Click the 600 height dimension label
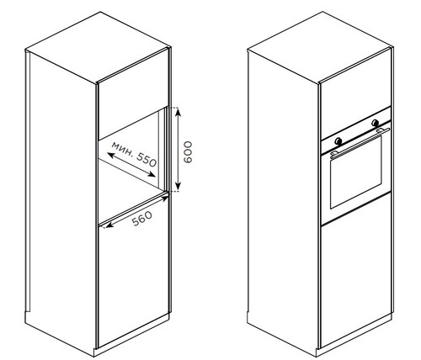coord(188,152)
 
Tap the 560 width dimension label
coord(142,219)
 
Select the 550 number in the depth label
coord(147,160)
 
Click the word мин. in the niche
coord(123,149)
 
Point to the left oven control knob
coord(338,141)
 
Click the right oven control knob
coord(375,123)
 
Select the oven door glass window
coord(356,172)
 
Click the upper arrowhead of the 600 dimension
coord(178,112)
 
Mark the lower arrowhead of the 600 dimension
coord(178,186)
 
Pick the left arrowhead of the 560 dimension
coord(109,225)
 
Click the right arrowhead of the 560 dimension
coord(165,199)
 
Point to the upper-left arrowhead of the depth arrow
coord(111,156)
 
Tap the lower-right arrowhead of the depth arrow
coord(152,174)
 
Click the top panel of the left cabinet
coord(99,47)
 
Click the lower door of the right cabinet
coord(356,270)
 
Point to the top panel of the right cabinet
coord(320,47)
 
